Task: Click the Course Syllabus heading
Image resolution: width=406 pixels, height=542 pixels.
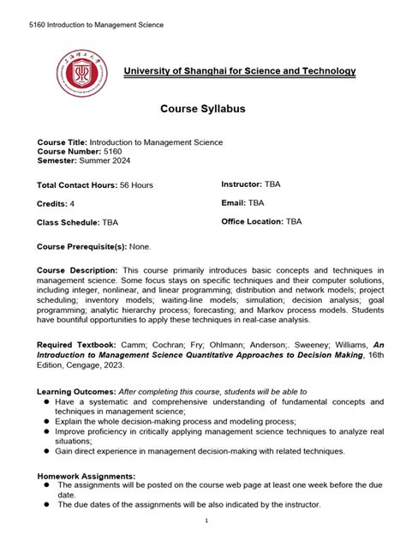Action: point(203,109)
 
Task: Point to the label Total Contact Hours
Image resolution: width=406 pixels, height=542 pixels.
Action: point(75,185)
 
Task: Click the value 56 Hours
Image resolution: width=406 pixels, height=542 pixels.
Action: point(135,185)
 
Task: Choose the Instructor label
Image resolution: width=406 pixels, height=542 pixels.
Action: point(242,184)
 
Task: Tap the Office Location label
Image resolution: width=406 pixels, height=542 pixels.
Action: point(253,221)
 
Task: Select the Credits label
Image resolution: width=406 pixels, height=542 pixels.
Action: point(53,204)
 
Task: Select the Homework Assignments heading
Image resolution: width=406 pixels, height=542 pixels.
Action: point(87,475)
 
